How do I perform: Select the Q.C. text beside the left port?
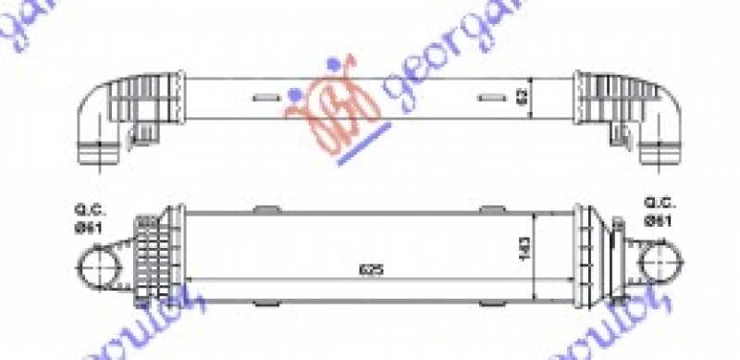(x=84, y=208)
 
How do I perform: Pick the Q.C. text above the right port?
(x=660, y=203)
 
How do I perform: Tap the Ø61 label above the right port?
(x=660, y=219)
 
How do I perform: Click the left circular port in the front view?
(x=96, y=267)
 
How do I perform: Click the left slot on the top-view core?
(x=265, y=96)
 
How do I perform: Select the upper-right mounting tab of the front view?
(x=488, y=207)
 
